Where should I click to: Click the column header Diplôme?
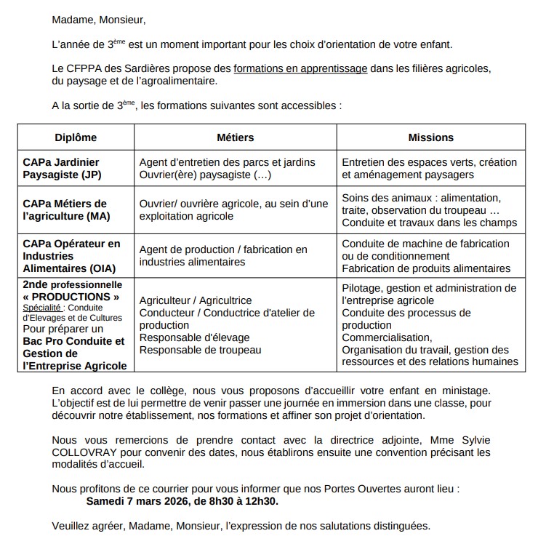[76, 137]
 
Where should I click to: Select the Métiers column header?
[236, 137]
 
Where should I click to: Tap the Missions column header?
[430, 137]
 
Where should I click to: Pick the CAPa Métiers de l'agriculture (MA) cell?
[65, 210]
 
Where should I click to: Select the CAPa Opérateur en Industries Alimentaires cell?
[71, 256]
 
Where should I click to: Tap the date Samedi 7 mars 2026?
[135, 501]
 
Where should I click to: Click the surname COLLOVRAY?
[82, 452]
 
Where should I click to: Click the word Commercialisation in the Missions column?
[386, 337]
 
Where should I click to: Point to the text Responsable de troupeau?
[201, 350]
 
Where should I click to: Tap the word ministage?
[466, 391]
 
